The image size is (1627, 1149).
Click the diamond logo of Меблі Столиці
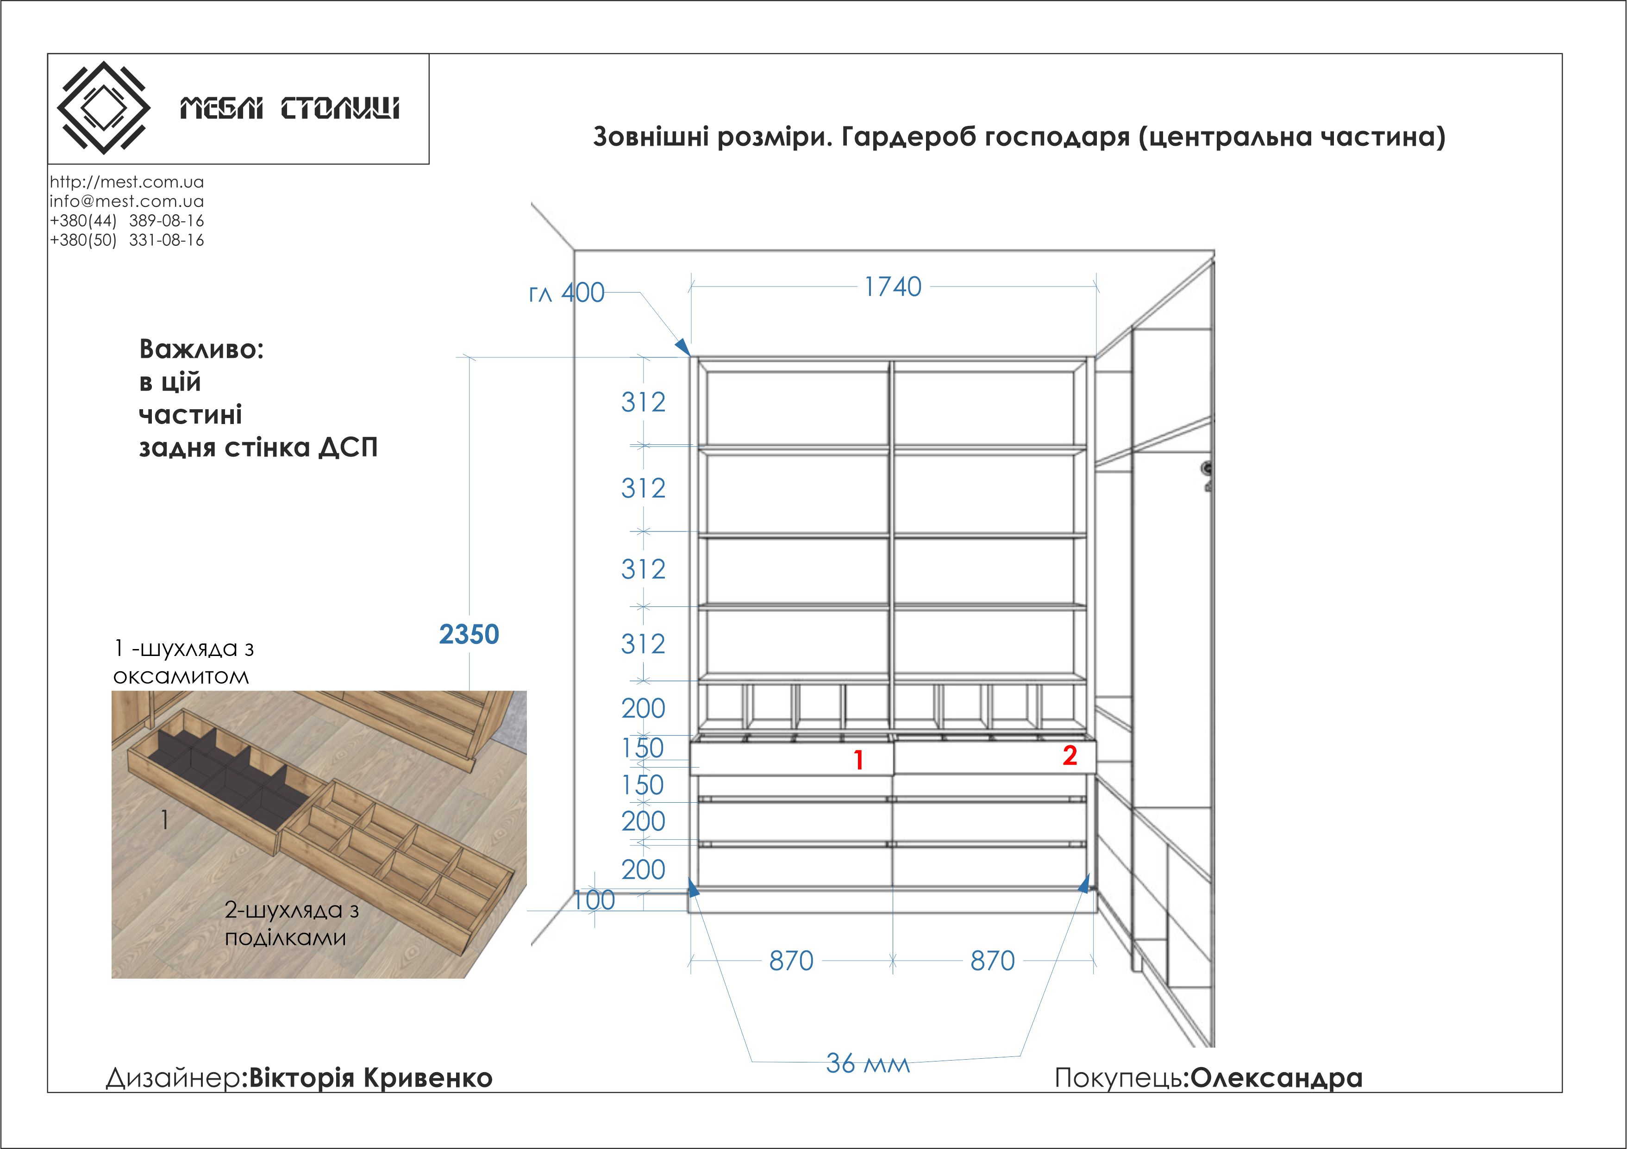click(103, 108)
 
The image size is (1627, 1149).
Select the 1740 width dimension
click(893, 287)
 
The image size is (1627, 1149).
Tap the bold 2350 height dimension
click(469, 634)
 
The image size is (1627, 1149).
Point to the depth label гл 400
click(566, 293)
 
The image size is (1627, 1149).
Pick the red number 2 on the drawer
click(1070, 756)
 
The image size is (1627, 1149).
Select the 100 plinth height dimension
click(594, 899)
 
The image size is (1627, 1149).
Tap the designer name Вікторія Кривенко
click(370, 1077)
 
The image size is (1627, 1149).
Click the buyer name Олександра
click(1276, 1077)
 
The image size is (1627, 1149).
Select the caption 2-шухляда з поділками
click(291, 923)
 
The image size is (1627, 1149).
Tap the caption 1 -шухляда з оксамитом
click(183, 662)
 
